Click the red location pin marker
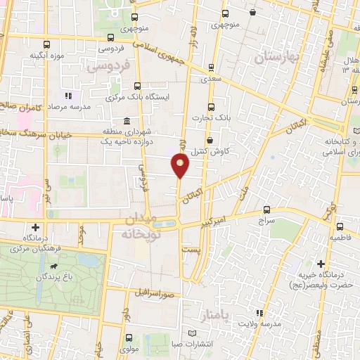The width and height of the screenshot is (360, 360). (x=181, y=166)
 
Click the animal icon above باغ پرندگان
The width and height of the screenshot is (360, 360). (x=54, y=268)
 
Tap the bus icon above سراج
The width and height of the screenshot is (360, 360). (x=266, y=209)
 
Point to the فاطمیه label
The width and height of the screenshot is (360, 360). (x=342, y=238)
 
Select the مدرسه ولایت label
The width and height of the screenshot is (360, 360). (x=271, y=323)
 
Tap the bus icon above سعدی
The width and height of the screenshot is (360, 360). (x=211, y=68)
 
